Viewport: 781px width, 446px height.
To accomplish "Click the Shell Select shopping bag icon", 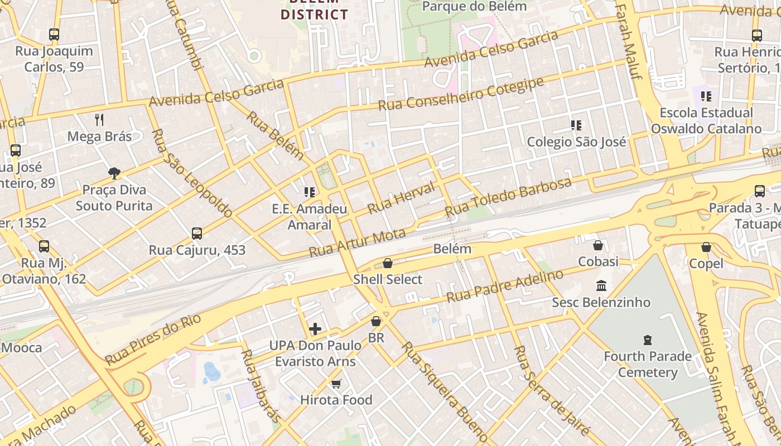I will tap(387, 263).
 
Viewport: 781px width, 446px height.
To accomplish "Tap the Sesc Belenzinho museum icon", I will tap(601, 286).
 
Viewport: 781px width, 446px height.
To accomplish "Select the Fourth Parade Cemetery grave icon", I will tap(647, 340).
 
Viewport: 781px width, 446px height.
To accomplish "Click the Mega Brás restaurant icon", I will tap(99, 119).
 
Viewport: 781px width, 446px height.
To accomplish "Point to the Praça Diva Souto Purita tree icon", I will tap(114, 173).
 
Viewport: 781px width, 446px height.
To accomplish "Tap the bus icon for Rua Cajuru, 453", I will tap(196, 234).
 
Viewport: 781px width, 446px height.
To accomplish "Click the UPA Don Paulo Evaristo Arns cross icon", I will tap(315, 329).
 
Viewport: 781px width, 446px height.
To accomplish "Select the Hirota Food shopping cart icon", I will tap(336, 384).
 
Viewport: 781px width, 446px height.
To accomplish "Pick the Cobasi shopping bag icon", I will tap(598, 245).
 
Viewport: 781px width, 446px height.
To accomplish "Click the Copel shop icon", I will tap(706, 247).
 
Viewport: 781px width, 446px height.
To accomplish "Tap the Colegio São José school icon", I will tap(576, 125).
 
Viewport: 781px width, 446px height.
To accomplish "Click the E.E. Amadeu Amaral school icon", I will tap(309, 193).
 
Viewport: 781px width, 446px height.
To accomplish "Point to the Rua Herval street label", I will tap(401, 198).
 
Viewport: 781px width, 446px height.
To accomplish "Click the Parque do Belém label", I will tap(475, 7).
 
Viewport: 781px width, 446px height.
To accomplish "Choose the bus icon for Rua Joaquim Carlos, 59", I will tap(54, 35).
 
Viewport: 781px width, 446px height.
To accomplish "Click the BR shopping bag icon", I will tap(376, 321).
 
